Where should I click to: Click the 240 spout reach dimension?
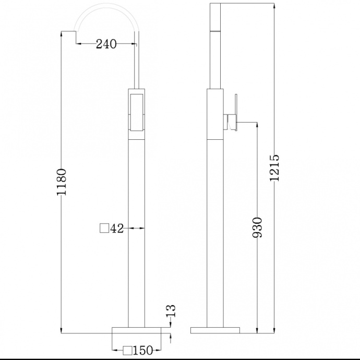[x=106, y=44]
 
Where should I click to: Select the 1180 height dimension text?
[x=62, y=182]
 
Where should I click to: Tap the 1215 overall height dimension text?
[x=275, y=167]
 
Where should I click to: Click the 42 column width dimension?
[x=117, y=228]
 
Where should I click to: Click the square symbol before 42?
[x=104, y=228]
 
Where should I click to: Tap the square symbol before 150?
[x=127, y=350]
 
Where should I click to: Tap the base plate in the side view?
[x=215, y=330]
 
